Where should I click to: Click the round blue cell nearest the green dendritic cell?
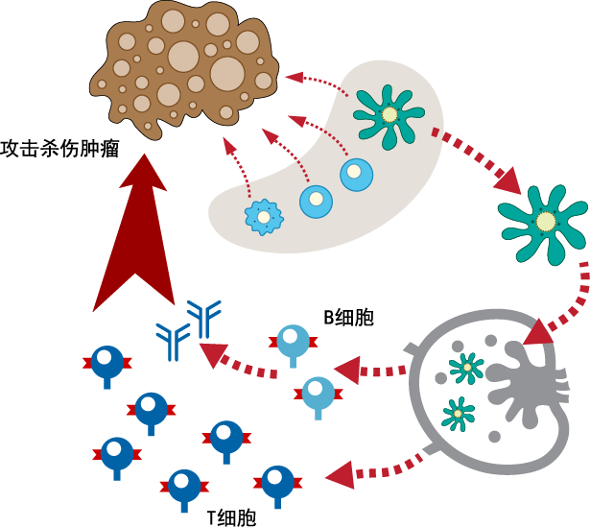coord(355,175)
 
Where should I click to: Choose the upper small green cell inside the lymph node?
coord(466,367)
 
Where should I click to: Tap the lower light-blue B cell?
coord(317,393)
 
